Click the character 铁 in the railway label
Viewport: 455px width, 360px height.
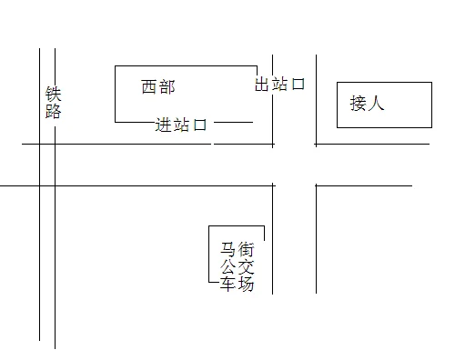coord(52,95)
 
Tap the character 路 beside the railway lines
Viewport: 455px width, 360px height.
coord(52,111)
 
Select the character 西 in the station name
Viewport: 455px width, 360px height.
coord(149,87)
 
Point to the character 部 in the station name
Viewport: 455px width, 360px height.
coord(167,87)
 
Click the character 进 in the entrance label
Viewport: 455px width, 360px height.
coord(164,125)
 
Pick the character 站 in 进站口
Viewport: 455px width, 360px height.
coord(182,125)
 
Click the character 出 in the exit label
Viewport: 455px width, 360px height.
coord(262,85)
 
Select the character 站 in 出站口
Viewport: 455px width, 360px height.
coord(279,85)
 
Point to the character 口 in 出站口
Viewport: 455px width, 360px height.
coord(297,85)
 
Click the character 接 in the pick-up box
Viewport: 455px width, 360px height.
coord(359,104)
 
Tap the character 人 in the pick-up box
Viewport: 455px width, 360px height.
coord(377,104)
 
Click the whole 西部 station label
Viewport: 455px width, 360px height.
coord(158,87)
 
